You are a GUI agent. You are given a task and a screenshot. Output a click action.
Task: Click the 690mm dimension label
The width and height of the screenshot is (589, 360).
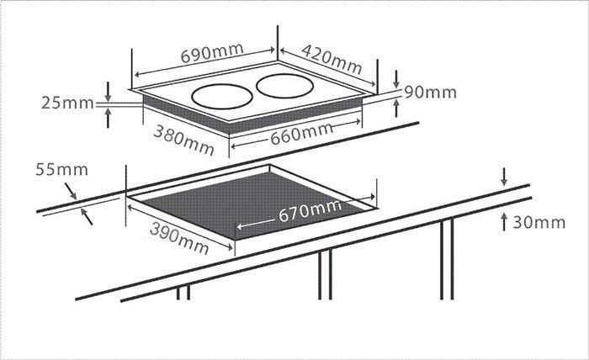212,53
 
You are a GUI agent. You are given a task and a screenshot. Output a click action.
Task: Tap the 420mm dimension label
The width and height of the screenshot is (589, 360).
332,60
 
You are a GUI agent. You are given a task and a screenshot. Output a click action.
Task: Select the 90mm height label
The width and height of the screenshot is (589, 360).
431,93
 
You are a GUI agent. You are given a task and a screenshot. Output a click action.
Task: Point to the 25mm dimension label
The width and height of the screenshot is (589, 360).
67,103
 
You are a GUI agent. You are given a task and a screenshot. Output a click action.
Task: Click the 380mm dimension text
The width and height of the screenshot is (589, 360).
183,140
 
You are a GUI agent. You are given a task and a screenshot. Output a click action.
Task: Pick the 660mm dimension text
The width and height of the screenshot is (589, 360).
301,134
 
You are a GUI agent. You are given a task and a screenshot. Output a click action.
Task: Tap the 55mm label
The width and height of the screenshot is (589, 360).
62,170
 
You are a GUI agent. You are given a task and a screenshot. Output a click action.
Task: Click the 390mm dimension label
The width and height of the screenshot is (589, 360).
178,238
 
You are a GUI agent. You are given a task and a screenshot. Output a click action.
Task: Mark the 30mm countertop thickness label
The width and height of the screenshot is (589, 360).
539,223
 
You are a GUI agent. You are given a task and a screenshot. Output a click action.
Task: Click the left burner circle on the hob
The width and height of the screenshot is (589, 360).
222,97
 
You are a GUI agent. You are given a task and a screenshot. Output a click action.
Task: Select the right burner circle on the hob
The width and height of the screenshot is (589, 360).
284,87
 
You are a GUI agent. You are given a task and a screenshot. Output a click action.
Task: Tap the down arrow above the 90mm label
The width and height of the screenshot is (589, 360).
396,80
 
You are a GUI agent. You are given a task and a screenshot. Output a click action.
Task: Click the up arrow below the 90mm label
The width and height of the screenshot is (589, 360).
396,109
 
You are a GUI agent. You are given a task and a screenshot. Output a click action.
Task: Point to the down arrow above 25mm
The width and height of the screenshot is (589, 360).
108,92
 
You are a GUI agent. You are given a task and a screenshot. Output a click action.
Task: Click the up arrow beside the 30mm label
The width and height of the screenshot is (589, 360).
504,222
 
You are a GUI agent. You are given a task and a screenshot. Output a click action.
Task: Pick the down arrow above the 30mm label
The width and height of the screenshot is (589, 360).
504,177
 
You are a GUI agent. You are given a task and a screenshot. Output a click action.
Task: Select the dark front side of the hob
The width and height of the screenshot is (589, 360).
252,114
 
